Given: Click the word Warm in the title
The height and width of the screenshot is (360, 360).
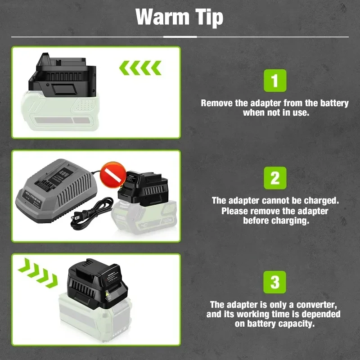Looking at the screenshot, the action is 162,17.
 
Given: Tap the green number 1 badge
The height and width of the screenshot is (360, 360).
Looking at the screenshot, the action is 275,81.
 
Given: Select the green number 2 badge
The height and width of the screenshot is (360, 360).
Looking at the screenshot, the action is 275,178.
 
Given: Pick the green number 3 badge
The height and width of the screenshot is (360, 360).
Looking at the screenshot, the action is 274,282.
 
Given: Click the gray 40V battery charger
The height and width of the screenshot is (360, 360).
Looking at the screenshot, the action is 57,190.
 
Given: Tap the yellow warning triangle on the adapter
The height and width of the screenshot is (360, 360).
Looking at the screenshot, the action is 107,294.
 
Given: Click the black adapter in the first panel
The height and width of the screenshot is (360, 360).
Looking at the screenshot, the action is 63,75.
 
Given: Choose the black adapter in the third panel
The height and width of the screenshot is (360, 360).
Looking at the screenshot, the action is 98,283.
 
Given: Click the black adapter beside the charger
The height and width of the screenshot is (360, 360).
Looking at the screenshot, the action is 143,189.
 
